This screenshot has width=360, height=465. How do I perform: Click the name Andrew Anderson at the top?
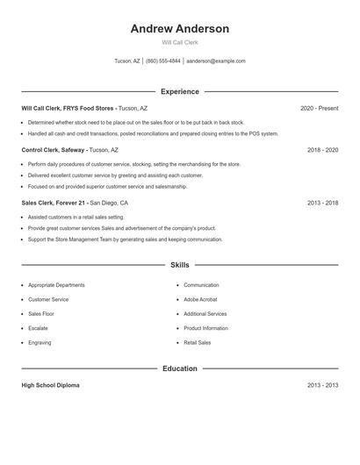(x=179, y=29)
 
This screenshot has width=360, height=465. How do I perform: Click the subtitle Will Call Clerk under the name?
(x=179, y=42)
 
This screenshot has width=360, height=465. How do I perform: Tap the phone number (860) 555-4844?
(x=163, y=61)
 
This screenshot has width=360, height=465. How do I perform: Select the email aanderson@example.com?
(x=216, y=61)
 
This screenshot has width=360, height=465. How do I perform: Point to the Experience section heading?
(x=179, y=91)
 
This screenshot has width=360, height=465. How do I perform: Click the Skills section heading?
(x=179, y=264)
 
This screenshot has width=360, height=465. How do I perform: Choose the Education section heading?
(x=179, y=368)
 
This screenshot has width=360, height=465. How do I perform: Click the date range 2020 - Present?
(x=319, y=108)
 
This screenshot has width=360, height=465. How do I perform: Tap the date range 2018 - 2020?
(x=322, y=150)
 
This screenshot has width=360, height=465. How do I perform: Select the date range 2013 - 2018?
(x=322, y=203)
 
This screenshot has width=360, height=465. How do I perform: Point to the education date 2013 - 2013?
(x=322, y=385)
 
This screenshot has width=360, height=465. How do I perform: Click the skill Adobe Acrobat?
(x=201, y=299)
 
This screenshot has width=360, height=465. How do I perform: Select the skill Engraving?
(x=40, y=342)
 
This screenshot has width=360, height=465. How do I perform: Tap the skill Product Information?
(x=205, y=328)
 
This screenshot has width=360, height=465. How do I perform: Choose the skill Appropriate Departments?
(x=56, y=285)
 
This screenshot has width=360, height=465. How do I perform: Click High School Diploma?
(x=50, y=385)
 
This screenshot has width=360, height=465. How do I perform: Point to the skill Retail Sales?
(x=198, y=342)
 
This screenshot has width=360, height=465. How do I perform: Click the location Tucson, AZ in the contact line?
(x=127, y=61)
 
